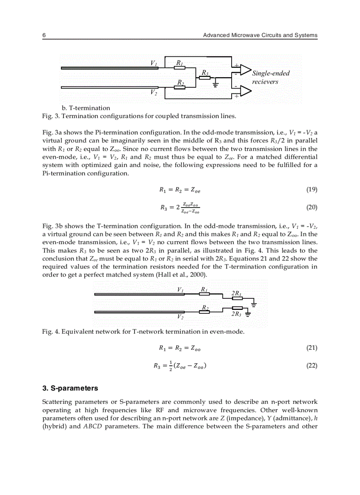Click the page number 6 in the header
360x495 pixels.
pos(44,35)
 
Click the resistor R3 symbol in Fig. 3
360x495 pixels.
pos(204,78)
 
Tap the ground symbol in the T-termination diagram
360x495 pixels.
pos(215,84)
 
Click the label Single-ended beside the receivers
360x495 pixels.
pos(270,73)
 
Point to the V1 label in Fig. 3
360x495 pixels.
pos(154,63)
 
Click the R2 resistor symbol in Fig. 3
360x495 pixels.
pos(180,87)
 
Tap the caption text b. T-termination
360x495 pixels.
pos(86,108)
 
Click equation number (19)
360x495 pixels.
pos(311,190)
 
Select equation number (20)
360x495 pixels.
pos(311,207)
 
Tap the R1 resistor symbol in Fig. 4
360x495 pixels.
pos(204,294)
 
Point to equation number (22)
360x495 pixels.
pos(311,365)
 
